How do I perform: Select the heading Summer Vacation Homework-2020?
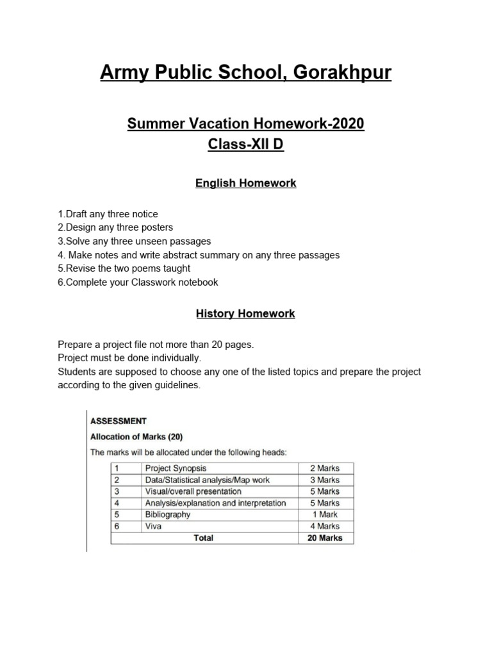246,124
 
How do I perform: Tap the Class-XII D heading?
246,145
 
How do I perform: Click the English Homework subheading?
246,183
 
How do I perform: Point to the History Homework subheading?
246,314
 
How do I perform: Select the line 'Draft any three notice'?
108,213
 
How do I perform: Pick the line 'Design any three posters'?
115,227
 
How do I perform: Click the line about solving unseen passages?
134,242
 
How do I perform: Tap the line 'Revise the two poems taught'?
124,268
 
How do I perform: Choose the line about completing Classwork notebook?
138,283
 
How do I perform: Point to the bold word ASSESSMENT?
119,422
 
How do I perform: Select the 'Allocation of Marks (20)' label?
136,438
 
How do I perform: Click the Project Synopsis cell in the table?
176,468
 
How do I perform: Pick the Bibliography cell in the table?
168,514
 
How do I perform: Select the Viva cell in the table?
154,526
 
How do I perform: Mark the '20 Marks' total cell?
325,538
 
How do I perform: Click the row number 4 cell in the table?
117,503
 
